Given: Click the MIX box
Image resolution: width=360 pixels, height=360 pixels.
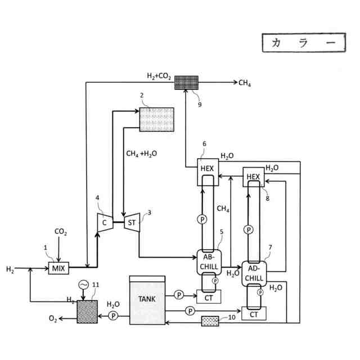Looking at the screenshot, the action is click(58, 268).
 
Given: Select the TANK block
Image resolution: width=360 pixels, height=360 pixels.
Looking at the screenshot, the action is click(147, 300).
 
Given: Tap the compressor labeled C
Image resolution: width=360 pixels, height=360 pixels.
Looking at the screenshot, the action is click(105, 223).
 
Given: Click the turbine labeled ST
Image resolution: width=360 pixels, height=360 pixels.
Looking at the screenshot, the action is click(132, 223).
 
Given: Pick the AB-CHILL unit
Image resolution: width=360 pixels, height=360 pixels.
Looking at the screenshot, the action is click(209, 262).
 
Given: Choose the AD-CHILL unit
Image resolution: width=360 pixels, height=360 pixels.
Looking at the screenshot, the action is click(254, 274).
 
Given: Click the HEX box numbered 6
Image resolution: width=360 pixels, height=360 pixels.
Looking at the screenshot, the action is click(208, 172).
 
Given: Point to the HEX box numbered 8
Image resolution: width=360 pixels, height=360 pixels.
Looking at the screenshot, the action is click(254, 177).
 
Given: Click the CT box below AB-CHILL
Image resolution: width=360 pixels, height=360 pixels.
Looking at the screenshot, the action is click(209, 296).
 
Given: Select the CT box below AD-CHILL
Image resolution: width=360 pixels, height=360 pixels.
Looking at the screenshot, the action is click(254, 313).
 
